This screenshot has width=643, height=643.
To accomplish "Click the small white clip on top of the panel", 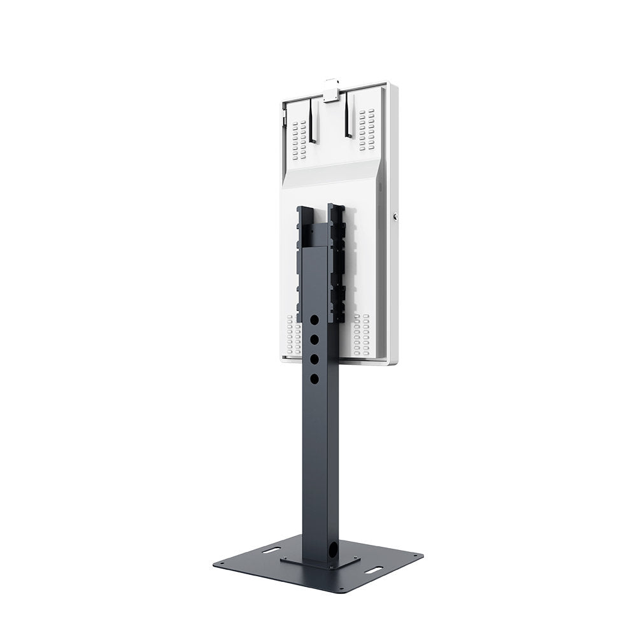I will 330,88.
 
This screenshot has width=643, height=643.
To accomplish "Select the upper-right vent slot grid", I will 366,130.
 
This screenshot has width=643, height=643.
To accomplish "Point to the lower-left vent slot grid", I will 293,335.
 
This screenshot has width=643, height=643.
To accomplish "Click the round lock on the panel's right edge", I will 396,216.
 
